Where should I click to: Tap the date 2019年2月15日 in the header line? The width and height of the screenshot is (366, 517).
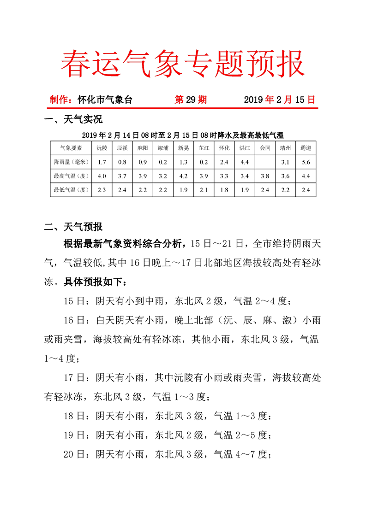point(279,100)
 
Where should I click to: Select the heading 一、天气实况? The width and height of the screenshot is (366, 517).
point(73,120)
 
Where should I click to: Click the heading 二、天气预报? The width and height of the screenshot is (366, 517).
point(73,227)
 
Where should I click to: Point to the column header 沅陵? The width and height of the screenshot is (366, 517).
point(102,148)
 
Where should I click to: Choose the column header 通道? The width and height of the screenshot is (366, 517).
point(306,148)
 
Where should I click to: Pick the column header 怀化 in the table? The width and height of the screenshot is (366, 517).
point(224,148)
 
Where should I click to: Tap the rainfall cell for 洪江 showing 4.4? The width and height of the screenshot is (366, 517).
point(245,162)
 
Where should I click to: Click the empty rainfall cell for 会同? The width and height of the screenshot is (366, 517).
point(265,162)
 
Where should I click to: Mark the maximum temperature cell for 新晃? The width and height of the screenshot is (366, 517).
point(183,176)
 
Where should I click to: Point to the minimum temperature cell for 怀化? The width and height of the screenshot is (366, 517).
point(224,189)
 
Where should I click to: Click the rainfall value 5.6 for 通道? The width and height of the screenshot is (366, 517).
point(306,162)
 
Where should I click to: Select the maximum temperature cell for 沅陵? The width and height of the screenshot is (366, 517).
point(102,176)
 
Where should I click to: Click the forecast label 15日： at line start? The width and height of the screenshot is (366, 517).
point(77,302)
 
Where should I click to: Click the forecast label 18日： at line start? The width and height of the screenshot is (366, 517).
point(77,416)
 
